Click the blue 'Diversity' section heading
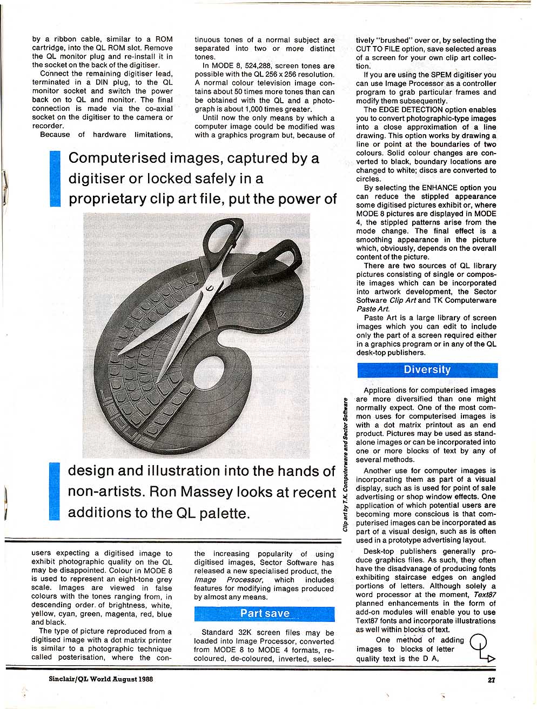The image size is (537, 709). [x=427, y=370]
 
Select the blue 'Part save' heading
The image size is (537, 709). [x=265, y=613]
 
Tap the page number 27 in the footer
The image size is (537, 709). [x=491, y=680]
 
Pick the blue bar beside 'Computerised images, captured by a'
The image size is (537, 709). [x=55, y=179]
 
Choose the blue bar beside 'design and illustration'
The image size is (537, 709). [x=54, y=492]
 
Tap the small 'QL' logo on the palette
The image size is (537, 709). [x=282, y=313]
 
